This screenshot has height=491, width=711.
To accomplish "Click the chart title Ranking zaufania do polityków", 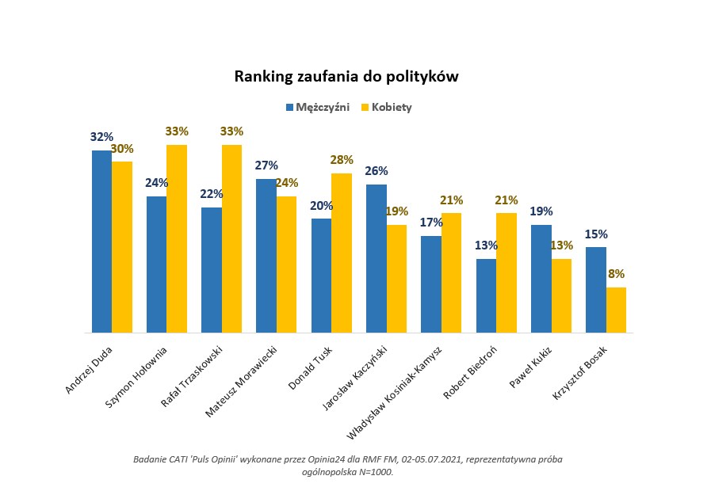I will pyautogui.click(x=346, y=77).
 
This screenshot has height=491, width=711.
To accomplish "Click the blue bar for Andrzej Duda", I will pyautogui.click(x=101, y=242).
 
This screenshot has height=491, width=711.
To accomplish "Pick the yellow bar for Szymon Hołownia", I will pyautogui.click(x=176, y=238).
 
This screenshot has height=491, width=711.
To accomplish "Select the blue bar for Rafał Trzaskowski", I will pyautogui.click(x=212, y=270).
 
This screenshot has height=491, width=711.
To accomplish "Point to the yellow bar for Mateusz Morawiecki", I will pyautogui.click(x=286, y=265).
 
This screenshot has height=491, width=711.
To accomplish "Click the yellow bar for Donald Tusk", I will pyautogui.click(x=341, y=253).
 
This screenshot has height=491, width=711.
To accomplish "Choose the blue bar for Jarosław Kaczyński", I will pyautogui.click(x=376, y=258).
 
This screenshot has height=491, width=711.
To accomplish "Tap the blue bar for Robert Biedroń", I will pyautogui.click(x=486, y=295).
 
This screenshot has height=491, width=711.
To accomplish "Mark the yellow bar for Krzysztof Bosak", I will pyautogui.click(x=616, y=310).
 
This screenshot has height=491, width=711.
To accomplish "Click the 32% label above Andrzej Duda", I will pyautogui.click(x=101, y=137).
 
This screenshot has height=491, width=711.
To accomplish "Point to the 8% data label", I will pyautogui.click(x=616, y=274).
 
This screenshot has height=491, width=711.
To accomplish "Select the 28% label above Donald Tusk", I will pyautogui.click(x=342, y=160).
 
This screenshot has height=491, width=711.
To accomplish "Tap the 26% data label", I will pyautogui.click(x=376, y=171).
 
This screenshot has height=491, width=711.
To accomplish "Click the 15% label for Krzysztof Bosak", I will pyautogui.click(x=595, y=234).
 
